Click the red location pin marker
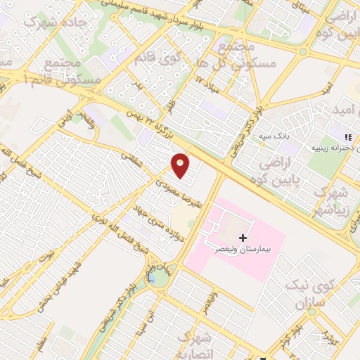[x=181, y=166]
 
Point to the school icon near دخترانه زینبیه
[x=346, y=137]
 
